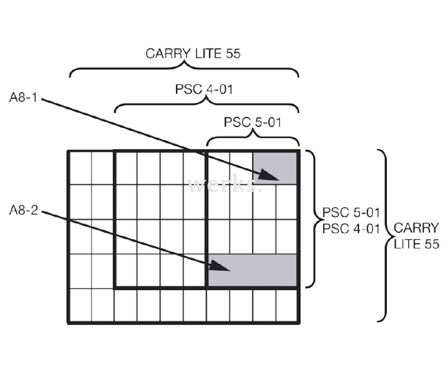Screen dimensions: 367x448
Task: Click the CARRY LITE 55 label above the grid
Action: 193,54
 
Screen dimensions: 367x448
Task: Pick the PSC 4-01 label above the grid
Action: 204,89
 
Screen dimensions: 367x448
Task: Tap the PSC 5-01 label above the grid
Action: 252,123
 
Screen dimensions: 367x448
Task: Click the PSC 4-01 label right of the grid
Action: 351,228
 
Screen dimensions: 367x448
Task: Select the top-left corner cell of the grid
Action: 80,168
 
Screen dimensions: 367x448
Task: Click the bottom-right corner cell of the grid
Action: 287,306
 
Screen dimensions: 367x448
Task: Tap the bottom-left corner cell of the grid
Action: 80,306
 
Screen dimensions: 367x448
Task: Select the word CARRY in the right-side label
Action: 416,228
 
